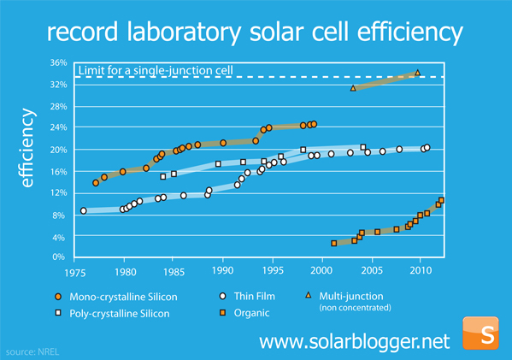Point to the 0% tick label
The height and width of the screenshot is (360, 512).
58,257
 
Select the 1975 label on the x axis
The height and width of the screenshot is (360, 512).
76,271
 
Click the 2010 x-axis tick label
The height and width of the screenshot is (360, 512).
419,271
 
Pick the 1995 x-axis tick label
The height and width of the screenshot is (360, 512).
272,271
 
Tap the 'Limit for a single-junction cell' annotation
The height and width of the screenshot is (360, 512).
155,69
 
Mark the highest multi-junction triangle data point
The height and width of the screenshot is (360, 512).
417,73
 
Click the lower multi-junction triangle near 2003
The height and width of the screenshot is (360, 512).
353,88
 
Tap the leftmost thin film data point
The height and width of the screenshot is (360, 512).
83,210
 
